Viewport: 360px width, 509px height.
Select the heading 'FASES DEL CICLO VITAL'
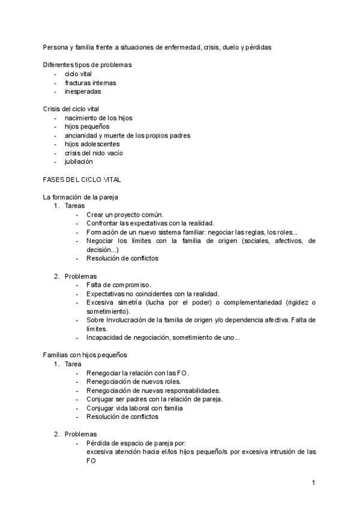(x=82, y=179)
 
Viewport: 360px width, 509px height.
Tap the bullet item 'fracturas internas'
(x=90, y=83)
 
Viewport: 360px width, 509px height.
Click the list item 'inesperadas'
(x=83, y=92)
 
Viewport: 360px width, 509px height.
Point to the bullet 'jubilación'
(x=79, y=162)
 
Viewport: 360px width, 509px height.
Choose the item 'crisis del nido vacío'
(x=94, y=153)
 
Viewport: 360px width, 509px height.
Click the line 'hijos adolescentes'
(x=92, y=144)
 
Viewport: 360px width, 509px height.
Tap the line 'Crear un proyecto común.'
(x=125, y=214)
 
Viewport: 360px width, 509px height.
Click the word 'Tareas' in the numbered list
(x=75, y=206)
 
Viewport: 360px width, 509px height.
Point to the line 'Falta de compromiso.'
(x=118, y=285)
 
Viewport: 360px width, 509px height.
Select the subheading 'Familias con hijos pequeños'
(x=85, y=355)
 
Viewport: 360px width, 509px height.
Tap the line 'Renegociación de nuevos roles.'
(x=133, y=381)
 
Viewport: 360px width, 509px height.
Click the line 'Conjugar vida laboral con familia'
(x=134, y=408)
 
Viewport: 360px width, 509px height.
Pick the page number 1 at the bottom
(x=313, y=483)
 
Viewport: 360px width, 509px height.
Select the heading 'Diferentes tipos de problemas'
(x=88, y=65)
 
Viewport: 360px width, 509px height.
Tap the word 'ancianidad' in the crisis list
(x=82, y=136)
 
